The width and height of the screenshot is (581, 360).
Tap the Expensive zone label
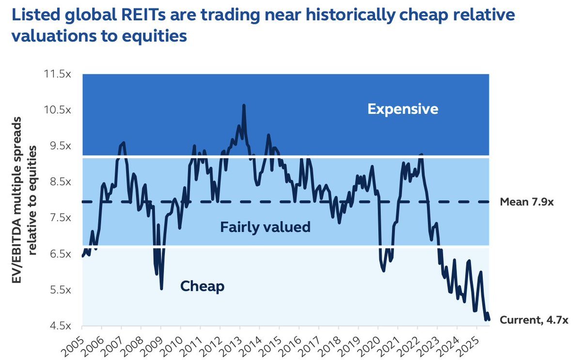coord(403,109)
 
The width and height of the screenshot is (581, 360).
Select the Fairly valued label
coord(265,227)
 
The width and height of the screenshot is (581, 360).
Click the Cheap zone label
coord(202,286)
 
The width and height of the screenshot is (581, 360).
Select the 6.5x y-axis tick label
coord(59,254)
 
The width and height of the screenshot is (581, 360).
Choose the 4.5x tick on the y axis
coord(59,326)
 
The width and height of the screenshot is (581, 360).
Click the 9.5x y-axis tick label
coord(59,146)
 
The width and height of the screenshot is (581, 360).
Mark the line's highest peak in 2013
coord(243,105)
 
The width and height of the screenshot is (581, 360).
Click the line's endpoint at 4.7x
coord(489,319)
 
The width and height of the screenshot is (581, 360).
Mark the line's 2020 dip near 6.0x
coord(384,271)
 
